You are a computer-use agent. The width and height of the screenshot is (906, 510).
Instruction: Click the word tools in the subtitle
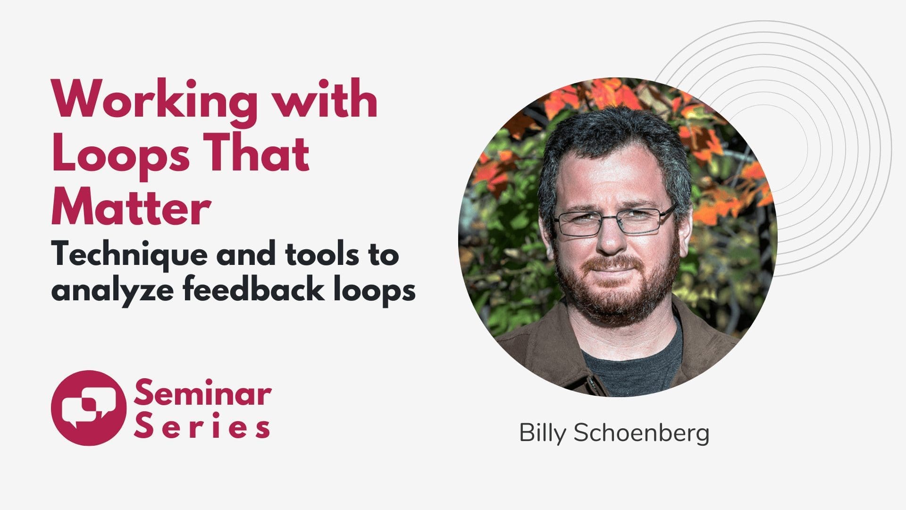coord(321,254)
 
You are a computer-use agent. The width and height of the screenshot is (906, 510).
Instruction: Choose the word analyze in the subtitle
coord(113,290)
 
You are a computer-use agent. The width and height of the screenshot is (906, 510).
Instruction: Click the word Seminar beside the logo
coord(203,395)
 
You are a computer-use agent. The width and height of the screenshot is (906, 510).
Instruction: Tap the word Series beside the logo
coord(202,427)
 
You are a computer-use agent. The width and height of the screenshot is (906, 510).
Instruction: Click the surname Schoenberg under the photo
coord(641,434)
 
